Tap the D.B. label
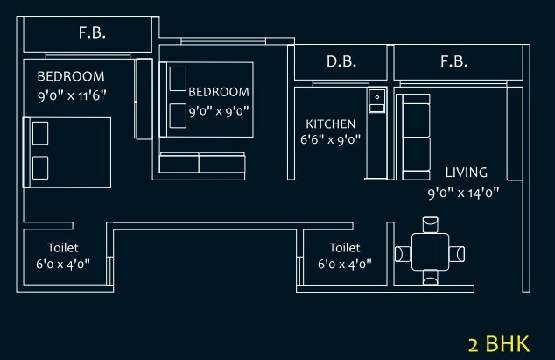[341, 62]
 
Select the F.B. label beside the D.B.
[453, 62]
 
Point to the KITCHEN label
[330, 124]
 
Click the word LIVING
[466, 172]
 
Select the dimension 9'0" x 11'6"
[72, 93]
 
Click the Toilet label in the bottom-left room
[63, 248]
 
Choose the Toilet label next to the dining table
[344, 248]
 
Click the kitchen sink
[377, 99]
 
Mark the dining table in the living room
[430, 253]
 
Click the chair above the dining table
[430, 223]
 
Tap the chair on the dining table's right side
[459, 254]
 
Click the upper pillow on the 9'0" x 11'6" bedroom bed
[40, 133]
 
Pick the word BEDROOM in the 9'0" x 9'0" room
[219, 92]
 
